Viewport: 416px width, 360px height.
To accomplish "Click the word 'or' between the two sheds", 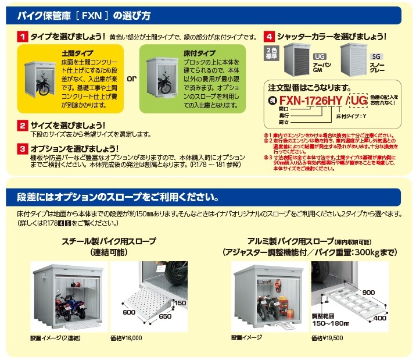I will pos(132,78).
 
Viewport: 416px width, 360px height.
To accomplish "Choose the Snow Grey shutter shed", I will pos(354,61).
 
